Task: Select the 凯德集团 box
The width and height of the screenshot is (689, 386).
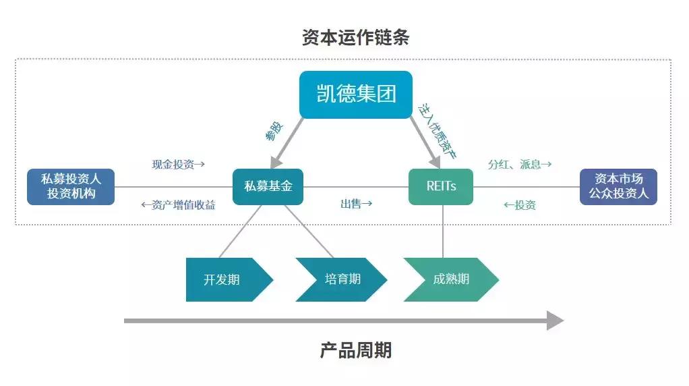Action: [356, 94]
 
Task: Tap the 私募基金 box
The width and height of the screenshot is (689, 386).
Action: [268, 186]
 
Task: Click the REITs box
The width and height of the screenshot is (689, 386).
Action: [441, 186]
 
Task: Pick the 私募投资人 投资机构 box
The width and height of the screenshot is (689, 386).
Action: [71, 186]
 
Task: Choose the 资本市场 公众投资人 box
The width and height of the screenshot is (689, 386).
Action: [618, 186]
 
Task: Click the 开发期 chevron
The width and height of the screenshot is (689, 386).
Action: [226, 279]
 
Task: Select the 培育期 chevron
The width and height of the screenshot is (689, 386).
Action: [340, 279]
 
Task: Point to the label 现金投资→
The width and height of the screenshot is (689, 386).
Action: [178, 164]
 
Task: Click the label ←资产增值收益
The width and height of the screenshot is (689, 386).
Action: [178, 205]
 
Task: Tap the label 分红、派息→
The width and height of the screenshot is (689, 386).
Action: [520, 164]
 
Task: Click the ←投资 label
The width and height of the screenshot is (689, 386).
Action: [520, 205]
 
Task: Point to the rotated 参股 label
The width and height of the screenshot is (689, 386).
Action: [274, 131]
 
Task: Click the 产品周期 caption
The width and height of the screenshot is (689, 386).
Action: [355, 350]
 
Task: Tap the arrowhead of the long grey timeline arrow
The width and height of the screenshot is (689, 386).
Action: [554, 321]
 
